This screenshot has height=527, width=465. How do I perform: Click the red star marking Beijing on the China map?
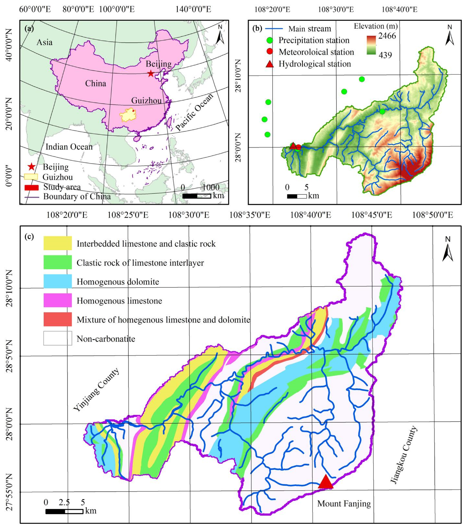(x=151, y=74)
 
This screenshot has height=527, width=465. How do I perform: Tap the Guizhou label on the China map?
(x=146, y=101)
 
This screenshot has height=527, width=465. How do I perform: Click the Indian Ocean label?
(x=69, y=147)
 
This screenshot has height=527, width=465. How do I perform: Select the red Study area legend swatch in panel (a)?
(x=31, y=187)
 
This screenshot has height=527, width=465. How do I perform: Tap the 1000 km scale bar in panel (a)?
(x=197, y=196)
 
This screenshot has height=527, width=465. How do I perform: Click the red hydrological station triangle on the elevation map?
(x=293, y=146)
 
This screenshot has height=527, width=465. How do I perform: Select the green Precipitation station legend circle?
(x=270, y=40)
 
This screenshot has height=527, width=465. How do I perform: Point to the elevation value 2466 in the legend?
(x=387, y=36)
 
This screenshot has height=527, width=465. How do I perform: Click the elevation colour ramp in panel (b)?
(x=371, y=45)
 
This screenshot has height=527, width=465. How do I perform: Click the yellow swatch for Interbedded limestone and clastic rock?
(x=57, y=243)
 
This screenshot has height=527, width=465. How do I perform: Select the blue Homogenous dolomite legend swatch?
(x=57, y=281)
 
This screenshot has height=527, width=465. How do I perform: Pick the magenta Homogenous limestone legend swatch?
(x=57, y=300)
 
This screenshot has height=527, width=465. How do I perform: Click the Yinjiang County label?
(x=96, y=390)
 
